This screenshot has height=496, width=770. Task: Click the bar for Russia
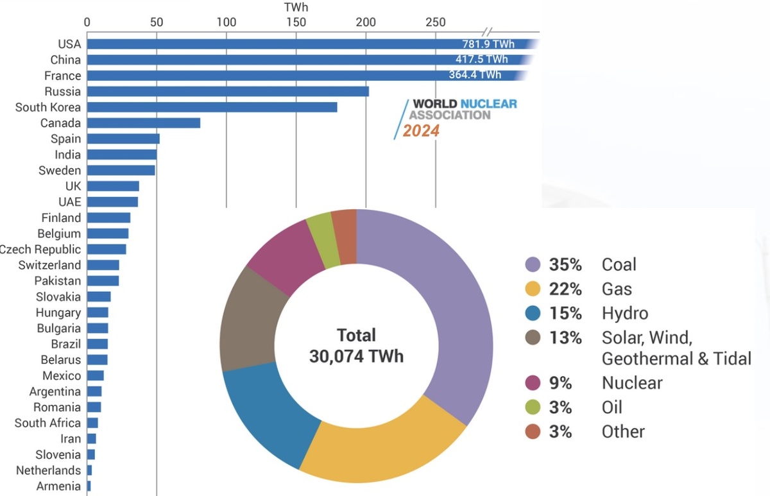tap(228, 91)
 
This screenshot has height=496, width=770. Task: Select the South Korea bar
tap(212, 107)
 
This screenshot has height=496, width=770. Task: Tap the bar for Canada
tap(144, 123)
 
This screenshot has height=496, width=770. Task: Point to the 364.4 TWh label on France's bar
tap(475, 76)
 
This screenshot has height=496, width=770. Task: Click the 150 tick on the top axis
tap(296, 22)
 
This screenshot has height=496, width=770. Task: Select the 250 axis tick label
tap(436, 22)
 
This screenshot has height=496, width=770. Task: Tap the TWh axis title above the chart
tap(296, 8)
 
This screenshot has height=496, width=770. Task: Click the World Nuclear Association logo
tap(459, 109)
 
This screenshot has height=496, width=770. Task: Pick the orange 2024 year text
tap(421, 131)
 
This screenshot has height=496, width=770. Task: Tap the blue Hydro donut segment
tap(269, 417)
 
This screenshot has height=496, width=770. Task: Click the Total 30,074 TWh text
tap(356, 345)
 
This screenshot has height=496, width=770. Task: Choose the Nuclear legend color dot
tap(533, 383)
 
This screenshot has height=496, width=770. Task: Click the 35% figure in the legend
tap(565, 264)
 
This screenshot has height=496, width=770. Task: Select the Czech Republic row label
tap(40, 250)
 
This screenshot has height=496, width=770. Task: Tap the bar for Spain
tap(123, 139)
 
